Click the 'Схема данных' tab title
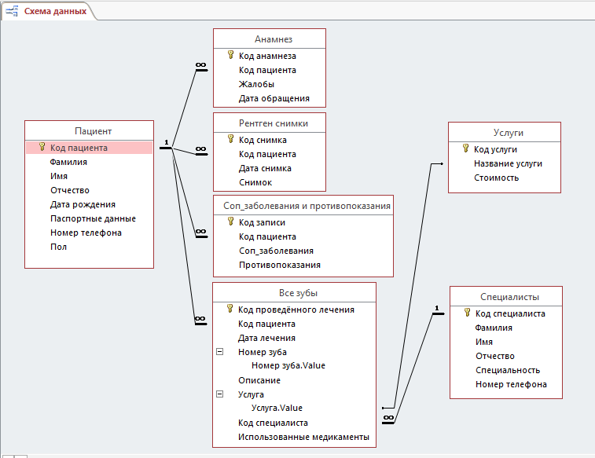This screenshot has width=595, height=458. [55, 11]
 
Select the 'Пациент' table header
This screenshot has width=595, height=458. [93, 131]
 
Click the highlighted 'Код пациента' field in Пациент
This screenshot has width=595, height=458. [79, 148]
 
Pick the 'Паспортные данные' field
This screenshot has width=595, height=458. [93, 218]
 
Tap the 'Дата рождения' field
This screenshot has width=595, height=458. [83, 204]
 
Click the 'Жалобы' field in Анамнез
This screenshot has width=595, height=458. [256, 84]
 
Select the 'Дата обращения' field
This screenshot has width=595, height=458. [274, 98]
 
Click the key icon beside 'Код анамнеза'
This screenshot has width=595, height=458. [230, 55]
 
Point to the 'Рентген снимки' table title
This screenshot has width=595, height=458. [274, 123]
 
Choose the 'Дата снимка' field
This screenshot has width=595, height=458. [265, 168]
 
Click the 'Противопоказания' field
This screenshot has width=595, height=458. [280, 265]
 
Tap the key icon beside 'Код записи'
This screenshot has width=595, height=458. [230, 222]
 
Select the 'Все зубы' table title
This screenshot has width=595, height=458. [298, 293]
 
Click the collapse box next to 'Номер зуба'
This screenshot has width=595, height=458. [220, 352]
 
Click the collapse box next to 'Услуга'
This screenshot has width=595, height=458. [220, 394]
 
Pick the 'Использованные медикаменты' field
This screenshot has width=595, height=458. [303, 437]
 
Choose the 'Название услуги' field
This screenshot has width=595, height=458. [508, 163]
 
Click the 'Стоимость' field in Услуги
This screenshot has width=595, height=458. [496, 178]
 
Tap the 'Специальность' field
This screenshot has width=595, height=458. [508, 370]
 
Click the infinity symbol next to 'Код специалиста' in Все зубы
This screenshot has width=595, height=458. [388, 418]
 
